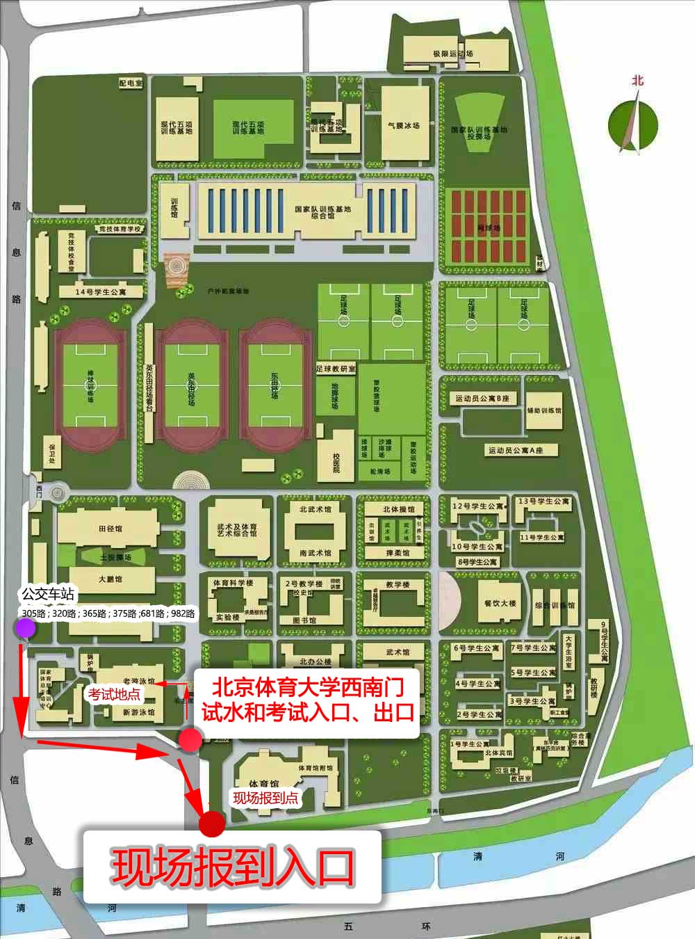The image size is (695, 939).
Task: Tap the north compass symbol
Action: pyautogui.click(x=632, y=124)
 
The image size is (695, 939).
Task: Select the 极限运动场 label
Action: pyautogui.click(x=452, y=54)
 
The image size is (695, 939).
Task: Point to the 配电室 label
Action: pyautogui.click(x=130, y=83)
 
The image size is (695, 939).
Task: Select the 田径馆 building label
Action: pyautogui.click(x=110, y=529)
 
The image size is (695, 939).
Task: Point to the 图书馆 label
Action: pyautogui.click(x=304, y=620)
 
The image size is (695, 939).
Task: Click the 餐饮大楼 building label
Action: pyautogui.click(x=500, y=603)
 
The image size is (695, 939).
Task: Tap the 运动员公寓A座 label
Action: pyautogui.click(x=514, y=450)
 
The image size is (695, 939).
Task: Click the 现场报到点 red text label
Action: pyautogui.click(x=265, y=798)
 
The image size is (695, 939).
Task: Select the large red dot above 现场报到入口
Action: pyautogui.click(x=213, y=824)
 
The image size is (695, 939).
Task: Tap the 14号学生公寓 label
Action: pyautogui.click(x=101, y=292)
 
